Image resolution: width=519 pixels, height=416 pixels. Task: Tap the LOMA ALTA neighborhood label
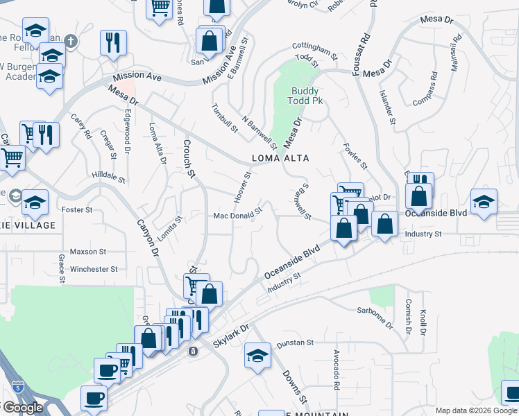click(x=280, y=158)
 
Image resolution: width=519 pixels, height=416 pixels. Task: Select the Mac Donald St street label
click(x=237, y=214)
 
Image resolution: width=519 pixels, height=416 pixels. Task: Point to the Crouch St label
click(x=187, y=158)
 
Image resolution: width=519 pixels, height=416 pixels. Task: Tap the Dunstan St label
click(x=296, y=343)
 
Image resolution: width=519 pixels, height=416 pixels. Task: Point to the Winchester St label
click(x=94, y=269)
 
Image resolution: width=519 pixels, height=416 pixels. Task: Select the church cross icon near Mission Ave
click(x=70, y=42)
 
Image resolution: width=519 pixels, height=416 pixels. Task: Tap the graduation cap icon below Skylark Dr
click(x=257, y=356)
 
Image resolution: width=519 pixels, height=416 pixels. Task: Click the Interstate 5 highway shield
click(x=15, y=387)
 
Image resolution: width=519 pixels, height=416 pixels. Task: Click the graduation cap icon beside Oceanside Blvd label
click(x=484, y=202)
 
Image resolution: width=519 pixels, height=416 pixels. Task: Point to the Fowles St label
click(x=355, y=158)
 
